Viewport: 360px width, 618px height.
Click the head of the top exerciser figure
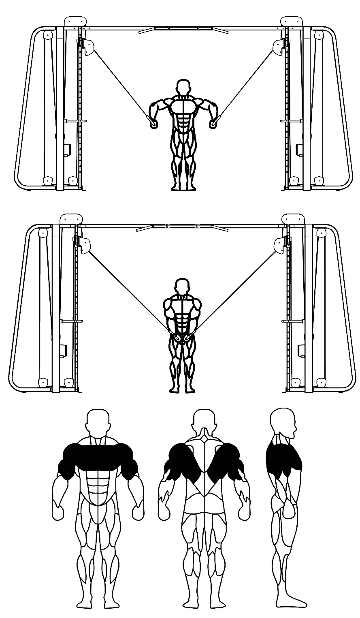(183, 87)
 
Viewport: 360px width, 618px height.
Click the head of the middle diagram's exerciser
(183, 285)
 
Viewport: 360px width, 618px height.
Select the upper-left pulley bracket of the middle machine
(85, 245)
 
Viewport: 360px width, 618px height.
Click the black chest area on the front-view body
(98, 456)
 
